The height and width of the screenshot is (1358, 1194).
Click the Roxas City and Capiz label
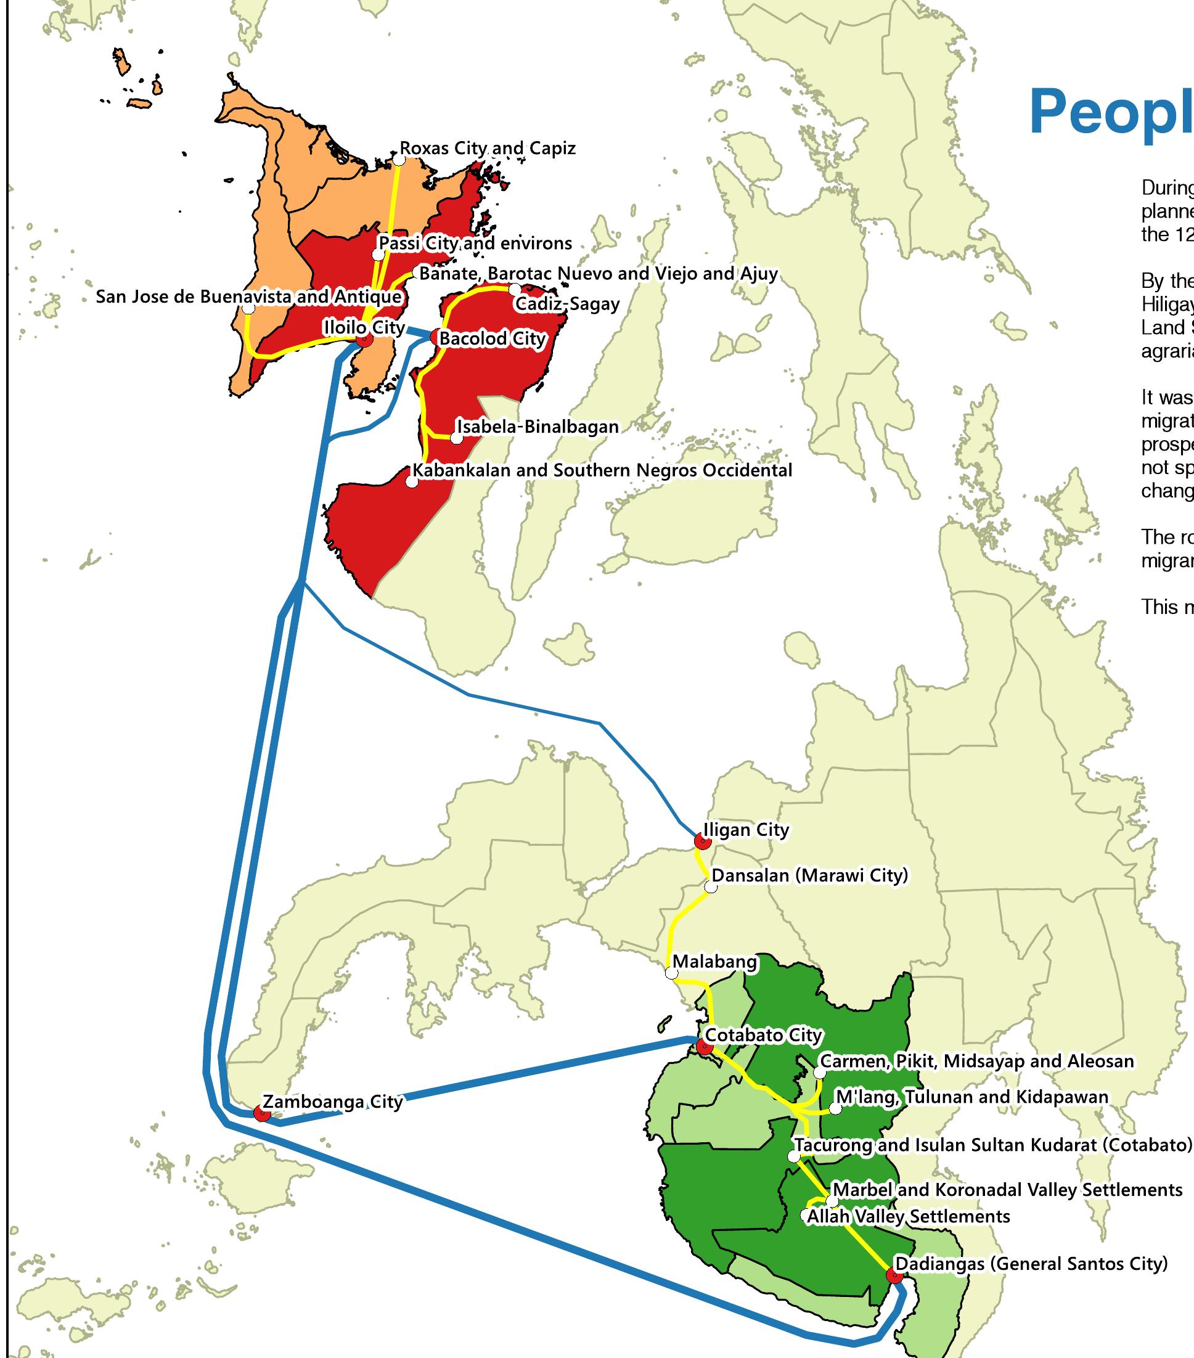coord(487,148)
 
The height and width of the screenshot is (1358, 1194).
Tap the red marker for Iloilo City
coord(364,340)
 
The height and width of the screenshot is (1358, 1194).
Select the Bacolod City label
coord(493,339)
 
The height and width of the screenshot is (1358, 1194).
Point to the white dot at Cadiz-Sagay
coord(514,289)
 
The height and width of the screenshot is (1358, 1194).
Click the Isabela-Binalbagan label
coord(538,427)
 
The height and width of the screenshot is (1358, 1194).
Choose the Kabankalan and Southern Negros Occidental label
coord(602,470)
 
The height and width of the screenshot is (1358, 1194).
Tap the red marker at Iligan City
coord(701,841)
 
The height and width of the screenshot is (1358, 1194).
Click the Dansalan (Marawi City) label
coord(809,875)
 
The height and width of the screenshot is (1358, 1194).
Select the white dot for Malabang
coord(672,974)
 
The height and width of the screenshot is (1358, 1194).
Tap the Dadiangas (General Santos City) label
coord(1031,1264)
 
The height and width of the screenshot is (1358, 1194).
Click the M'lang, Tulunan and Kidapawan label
coord(971,1097)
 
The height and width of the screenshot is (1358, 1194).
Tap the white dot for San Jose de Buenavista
coord(248,308)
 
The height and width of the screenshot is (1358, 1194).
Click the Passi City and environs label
coord(475,243)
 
